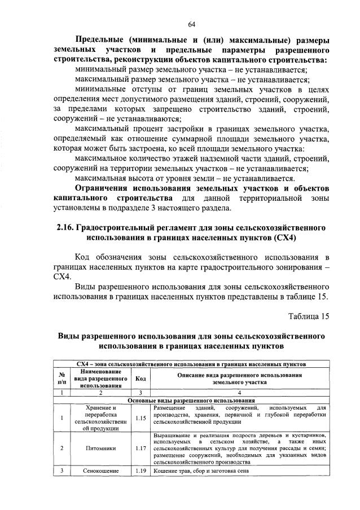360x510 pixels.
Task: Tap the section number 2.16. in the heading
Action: [x=67, y=228]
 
